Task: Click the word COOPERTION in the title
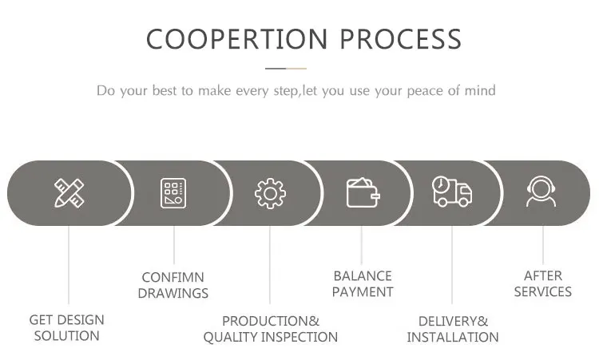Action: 236,38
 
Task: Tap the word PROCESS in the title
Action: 401,38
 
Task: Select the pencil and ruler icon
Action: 69,193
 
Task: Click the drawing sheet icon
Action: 173,193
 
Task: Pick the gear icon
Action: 270,193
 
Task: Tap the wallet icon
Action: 362,193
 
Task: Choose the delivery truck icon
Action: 452,193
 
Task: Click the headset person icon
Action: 541,193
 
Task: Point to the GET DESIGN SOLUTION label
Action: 67,328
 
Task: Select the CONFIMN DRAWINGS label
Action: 173,285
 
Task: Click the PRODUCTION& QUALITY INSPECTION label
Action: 270,329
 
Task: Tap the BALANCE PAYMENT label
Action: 363,283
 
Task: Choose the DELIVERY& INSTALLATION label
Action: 453,329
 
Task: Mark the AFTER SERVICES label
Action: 543,283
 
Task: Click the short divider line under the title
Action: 284,69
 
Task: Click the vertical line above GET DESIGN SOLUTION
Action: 69,267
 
